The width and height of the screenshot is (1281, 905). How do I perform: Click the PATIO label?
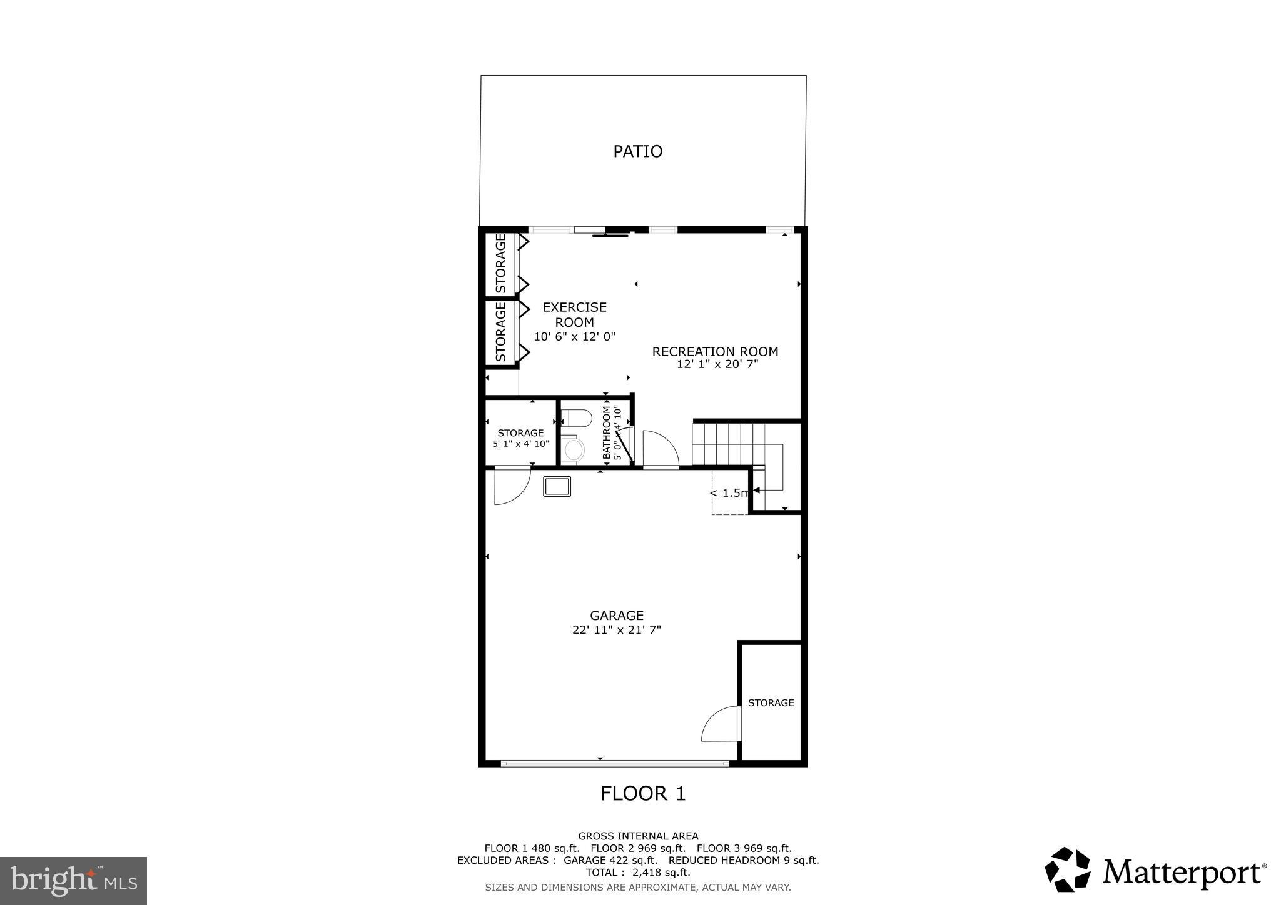[x=637, y=151]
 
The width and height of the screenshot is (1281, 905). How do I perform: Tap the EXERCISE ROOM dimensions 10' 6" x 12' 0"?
[x=574, y=337]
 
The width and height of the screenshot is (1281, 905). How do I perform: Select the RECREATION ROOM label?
[x=715, y=351]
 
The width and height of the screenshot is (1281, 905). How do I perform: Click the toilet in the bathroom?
[x=576, y=418]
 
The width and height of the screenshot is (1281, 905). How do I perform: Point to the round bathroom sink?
[x=572, y=449]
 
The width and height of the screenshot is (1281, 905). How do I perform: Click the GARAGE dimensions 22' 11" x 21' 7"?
[x=616, y=630]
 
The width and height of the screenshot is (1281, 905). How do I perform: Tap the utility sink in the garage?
[x=557, y=486]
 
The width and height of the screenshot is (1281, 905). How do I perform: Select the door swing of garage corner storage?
[x=721, y=725]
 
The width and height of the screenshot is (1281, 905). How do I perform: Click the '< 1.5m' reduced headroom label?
[x=729, y=493]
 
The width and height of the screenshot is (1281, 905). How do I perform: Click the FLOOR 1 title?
[x=643, y=793]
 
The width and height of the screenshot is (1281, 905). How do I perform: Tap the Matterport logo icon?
[x=1067, y=869]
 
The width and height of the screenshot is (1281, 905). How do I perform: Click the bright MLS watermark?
[x=74, y=881]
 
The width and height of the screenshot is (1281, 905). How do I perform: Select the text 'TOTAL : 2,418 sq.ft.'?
[x=637, y=872]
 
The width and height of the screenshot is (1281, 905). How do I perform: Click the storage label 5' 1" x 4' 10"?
[x=520, y=444]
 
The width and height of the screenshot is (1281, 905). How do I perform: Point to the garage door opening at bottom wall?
[x=615, y=763]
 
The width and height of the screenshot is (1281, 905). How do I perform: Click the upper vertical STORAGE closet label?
[x=500, y=263]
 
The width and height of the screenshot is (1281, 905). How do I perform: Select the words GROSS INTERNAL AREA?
[x=637, y=836]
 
